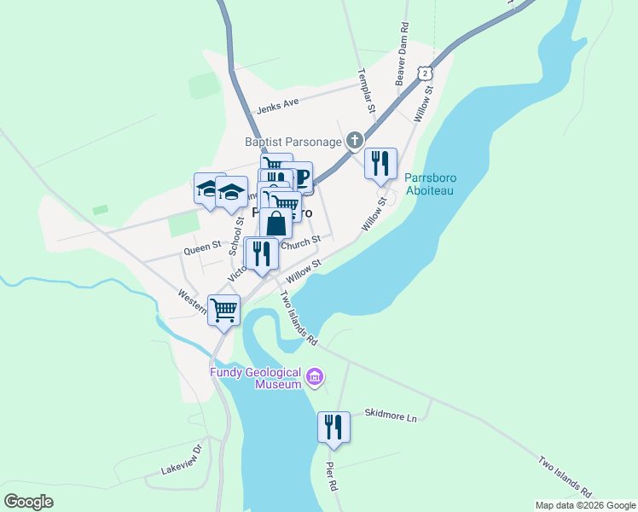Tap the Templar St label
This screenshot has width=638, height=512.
click(x=367, y=90)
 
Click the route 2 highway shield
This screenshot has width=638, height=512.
click(x=424, y=74)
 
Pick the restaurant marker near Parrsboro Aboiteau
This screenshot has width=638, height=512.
click(x=380, y=162)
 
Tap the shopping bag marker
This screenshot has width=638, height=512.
click(x=277, y=225)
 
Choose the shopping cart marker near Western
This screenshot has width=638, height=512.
click(x=223, y=310)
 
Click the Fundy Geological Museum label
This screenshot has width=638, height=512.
click(x=257, y=378)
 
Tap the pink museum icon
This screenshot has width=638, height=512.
click(x=316, y=376)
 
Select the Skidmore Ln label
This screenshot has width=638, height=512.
click(x=390, y=414)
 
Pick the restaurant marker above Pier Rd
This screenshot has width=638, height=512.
click(x=333, y=428)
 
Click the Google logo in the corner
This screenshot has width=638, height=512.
click(x=28, y=502)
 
